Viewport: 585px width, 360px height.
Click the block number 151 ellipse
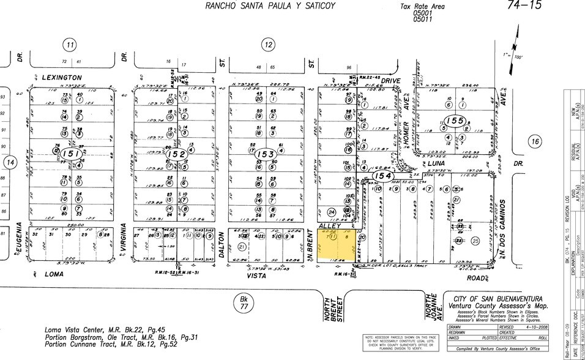pyautogui.click(x=71, y=154)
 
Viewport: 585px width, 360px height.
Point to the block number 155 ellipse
pyautogui.click(x=455, y=121)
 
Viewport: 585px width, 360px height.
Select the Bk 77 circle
pyautogui.click(x=243, y=302)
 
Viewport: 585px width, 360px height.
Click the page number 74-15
pyautogui.click(x=524, y=6)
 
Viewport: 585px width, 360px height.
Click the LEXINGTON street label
pyautogui.click(x=62, y=78)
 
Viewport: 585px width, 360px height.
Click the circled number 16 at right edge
pyautogui.click(x=535, y=142)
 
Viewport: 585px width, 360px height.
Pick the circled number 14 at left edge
pyautogui.click(x=10, y=162)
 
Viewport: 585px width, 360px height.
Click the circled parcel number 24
pyautogui.click(x=331, y=212)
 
